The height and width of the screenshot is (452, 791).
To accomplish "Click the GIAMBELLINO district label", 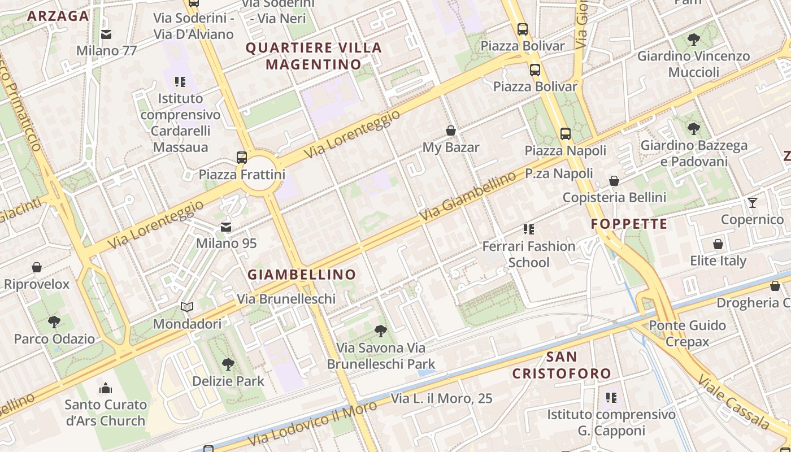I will (x=302, y=275).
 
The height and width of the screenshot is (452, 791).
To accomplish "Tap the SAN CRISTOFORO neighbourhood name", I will (x=562, y=365).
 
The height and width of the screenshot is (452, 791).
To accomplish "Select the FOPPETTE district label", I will (x=629, y=224).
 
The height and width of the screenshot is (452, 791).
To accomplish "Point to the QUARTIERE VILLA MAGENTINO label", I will (x=314, y=56).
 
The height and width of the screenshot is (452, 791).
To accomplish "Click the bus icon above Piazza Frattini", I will (x=242, y=157).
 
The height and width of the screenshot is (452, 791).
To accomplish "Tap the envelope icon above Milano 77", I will (x=106, y=34).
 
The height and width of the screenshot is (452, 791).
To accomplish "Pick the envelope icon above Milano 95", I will (x=226, y=227).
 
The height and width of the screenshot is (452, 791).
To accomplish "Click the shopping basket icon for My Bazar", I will (x=451, y=131).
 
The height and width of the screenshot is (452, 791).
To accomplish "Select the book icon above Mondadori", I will (x=187, y=307).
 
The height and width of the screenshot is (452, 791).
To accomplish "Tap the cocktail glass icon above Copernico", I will (x=752, y=203).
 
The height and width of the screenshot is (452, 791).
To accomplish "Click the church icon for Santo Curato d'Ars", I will (x=106, y=388).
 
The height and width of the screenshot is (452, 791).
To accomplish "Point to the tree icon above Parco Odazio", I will (x=54, y=323).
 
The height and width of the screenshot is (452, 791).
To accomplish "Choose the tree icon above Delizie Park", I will (x=228, y=364).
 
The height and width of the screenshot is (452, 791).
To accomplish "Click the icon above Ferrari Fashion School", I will (x=529, y=229).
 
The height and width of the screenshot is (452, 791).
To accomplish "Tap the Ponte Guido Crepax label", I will (x=687, y=333).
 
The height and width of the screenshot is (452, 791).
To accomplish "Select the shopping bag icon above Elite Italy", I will (x=718, y=245).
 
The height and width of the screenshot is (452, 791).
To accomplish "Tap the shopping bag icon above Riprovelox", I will (x=37, y=267).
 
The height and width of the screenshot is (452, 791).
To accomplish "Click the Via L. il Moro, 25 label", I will (x=442, y=398).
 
